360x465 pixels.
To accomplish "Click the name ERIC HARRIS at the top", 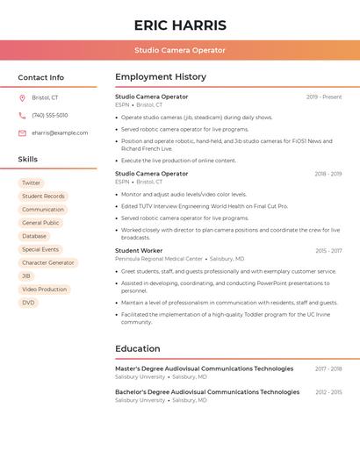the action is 180,25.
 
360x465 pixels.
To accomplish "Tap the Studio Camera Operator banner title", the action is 180,50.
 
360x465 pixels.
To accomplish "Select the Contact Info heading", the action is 41,77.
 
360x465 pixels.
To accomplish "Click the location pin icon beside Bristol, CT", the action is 22,97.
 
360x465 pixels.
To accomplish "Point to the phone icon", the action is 22,115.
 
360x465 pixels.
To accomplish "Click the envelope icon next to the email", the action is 22,133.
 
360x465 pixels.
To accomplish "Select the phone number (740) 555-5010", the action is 49,115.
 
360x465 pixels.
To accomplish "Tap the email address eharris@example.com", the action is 60,133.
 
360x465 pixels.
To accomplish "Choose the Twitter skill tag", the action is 32,183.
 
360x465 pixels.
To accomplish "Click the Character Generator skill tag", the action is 48,263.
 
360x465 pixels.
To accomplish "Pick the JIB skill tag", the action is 26,276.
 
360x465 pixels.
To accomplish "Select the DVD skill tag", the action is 28,303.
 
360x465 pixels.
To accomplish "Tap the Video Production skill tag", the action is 44,290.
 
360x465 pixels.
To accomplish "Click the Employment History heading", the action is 161,77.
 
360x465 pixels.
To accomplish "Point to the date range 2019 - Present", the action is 324,97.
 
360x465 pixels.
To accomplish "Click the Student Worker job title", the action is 139,251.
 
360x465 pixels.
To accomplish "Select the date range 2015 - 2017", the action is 328,251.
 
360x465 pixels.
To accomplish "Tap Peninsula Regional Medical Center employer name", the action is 159,260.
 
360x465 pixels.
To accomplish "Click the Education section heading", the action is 138,349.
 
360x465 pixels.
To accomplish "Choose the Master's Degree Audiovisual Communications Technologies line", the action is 205,368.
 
